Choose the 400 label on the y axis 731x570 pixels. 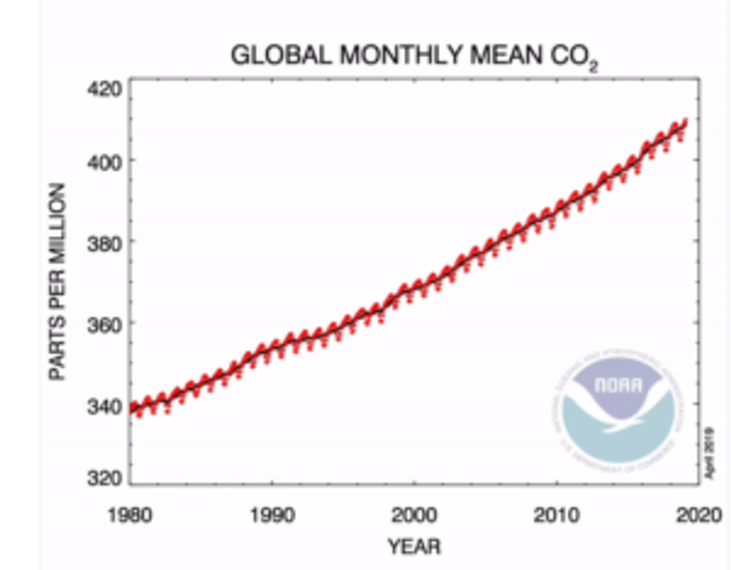[105, 160]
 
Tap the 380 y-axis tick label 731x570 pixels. [105, 242]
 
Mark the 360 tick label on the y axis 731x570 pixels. [105, 325]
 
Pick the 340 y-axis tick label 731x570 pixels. [105, 406]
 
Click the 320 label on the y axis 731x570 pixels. [105, 477]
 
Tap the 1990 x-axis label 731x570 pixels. [272, 516]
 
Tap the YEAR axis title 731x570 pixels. [414, 548]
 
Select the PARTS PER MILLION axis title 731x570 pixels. [58, 282]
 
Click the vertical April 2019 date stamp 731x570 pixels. [709, 452]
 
